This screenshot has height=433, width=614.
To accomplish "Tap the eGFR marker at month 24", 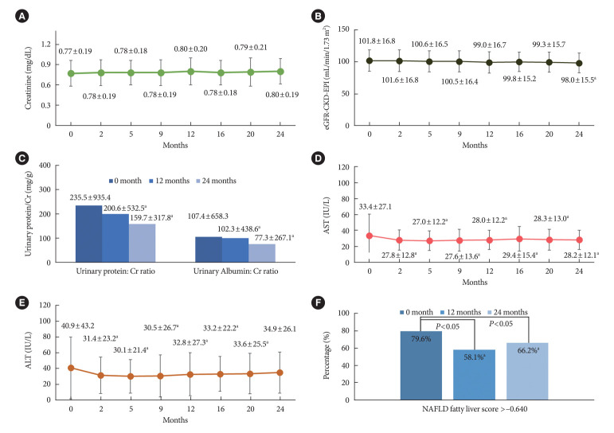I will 577,63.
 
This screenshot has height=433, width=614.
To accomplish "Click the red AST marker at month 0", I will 370,236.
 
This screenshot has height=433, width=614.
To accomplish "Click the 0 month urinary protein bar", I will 90,234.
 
